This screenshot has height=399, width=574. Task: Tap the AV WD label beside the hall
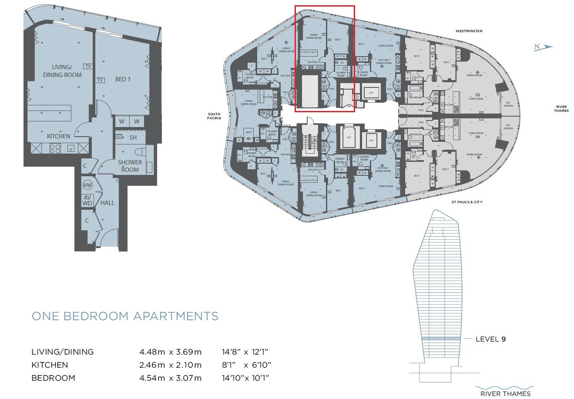click(x=87, y=200)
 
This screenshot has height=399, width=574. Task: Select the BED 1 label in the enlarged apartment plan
click(x=122, y=79)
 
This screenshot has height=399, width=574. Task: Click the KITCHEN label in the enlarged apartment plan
click(x=58, y=136)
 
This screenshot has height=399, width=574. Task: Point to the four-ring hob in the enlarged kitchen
click(x=55, y=148)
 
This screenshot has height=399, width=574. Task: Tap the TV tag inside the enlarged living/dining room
click(x=88, y=66)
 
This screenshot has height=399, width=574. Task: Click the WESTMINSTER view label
click(x=469, y=31)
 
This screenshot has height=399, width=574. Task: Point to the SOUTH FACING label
click(x=214, y=116)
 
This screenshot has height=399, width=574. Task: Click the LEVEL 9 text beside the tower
click(x=490, y=339)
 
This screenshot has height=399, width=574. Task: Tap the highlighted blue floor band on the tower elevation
click(x=441, y=339)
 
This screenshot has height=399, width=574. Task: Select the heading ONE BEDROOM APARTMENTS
click(x=125, y=316)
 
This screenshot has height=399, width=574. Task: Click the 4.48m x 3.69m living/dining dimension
click(x=170, y=352)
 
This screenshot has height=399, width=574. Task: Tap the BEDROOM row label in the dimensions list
click(x=53, y=378)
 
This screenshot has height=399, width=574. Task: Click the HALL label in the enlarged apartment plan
click(x=107, y=203)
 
